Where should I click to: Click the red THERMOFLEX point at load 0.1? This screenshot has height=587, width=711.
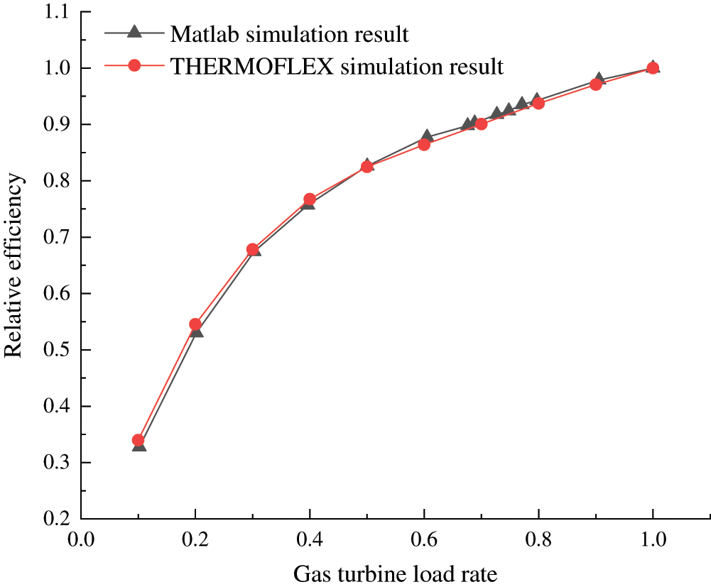click(139, 440)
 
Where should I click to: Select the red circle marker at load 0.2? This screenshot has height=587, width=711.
click(195, 324)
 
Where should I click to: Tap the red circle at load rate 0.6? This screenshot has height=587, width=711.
click(424, 145)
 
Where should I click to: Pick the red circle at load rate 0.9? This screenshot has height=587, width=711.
click(596, 84)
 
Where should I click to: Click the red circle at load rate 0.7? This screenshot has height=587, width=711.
click(481, 124)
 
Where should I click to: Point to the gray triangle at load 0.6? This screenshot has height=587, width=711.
click(427, 136)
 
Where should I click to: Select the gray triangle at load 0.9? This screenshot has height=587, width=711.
click(599, 78)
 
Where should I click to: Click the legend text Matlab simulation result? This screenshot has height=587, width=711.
click(289, 33)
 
